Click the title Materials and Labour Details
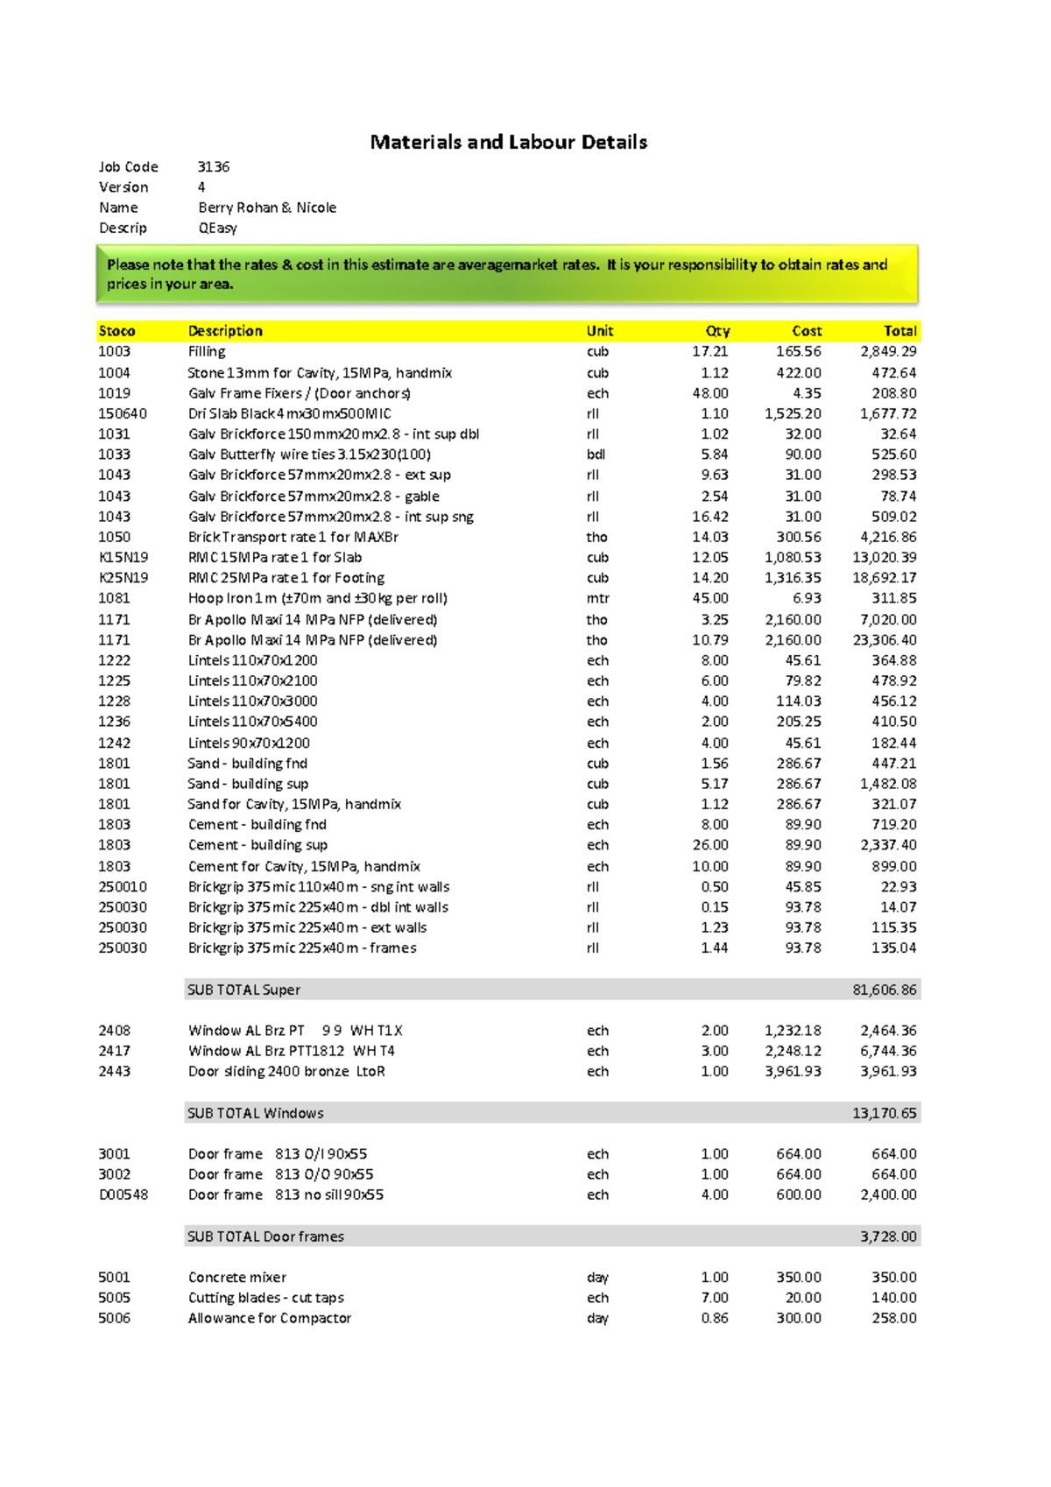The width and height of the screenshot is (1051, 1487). (x=508, y=142)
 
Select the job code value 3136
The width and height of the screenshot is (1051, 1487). (x=214, y=166)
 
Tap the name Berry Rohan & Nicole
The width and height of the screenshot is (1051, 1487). (x=267, y=208)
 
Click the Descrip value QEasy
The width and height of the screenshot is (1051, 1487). (x=217, y=228)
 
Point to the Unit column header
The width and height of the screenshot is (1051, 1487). (x=600, y=331)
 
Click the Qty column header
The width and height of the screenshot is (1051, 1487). (x=717, y=331)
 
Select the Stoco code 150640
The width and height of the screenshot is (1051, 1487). (x=123, y=413)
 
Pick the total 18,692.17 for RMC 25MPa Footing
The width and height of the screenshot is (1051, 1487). (x=885, y=578)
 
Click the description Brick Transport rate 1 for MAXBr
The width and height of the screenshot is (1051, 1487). (x=293, y=537)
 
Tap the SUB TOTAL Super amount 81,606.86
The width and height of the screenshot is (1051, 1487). (x=885, y=990)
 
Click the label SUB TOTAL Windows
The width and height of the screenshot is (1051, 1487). (x=256, y=1113)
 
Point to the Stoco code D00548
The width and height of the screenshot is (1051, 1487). (x=123, y=1195)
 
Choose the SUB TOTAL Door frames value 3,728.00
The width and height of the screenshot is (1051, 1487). (x=888, y=1237)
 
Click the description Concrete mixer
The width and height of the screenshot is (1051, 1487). (x=237, y=1277)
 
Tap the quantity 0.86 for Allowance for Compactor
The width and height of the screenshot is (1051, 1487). (x=714, y=1318)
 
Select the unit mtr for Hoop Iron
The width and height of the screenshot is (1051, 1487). (x=597, y=598)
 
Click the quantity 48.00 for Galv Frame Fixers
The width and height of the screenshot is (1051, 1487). (x=710, y=393)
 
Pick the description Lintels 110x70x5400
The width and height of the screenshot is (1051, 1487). (x=253, y=722)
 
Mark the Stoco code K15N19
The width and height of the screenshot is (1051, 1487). (x=123, y=557)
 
